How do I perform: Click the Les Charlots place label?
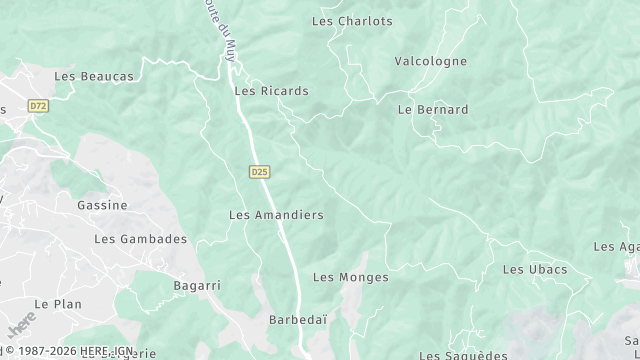(352, 20)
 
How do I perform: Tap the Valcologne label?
(430, 61)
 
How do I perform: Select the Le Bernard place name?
(433, 110)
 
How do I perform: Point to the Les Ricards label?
(271, 91)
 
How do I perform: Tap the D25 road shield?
(259, 172)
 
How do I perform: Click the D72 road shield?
(38, 105)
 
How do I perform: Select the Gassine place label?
(102, 205)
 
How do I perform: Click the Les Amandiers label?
(276, 215)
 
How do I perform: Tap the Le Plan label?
(57, 304)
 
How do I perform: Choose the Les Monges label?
(350, 277)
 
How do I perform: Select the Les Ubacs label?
(534, 270)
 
